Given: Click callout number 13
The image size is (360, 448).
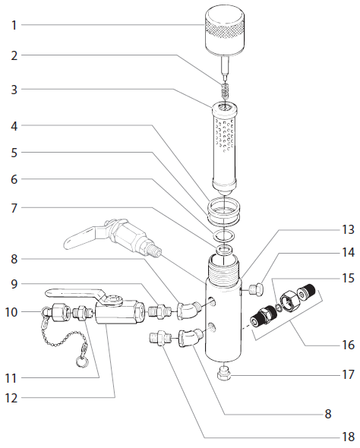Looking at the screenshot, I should tap(348, 229).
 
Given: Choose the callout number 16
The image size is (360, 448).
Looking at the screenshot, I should tap(348, 344).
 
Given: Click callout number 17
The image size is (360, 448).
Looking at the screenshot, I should tap(348, 374).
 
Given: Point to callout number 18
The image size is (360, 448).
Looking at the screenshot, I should tap(348, 437).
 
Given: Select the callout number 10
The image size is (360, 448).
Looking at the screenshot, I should tap(11, 311).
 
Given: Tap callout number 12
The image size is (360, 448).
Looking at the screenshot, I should tap(11, 396).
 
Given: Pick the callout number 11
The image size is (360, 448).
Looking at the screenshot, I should tap(11, 377).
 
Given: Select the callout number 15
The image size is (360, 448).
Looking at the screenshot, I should tap(348, 279).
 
